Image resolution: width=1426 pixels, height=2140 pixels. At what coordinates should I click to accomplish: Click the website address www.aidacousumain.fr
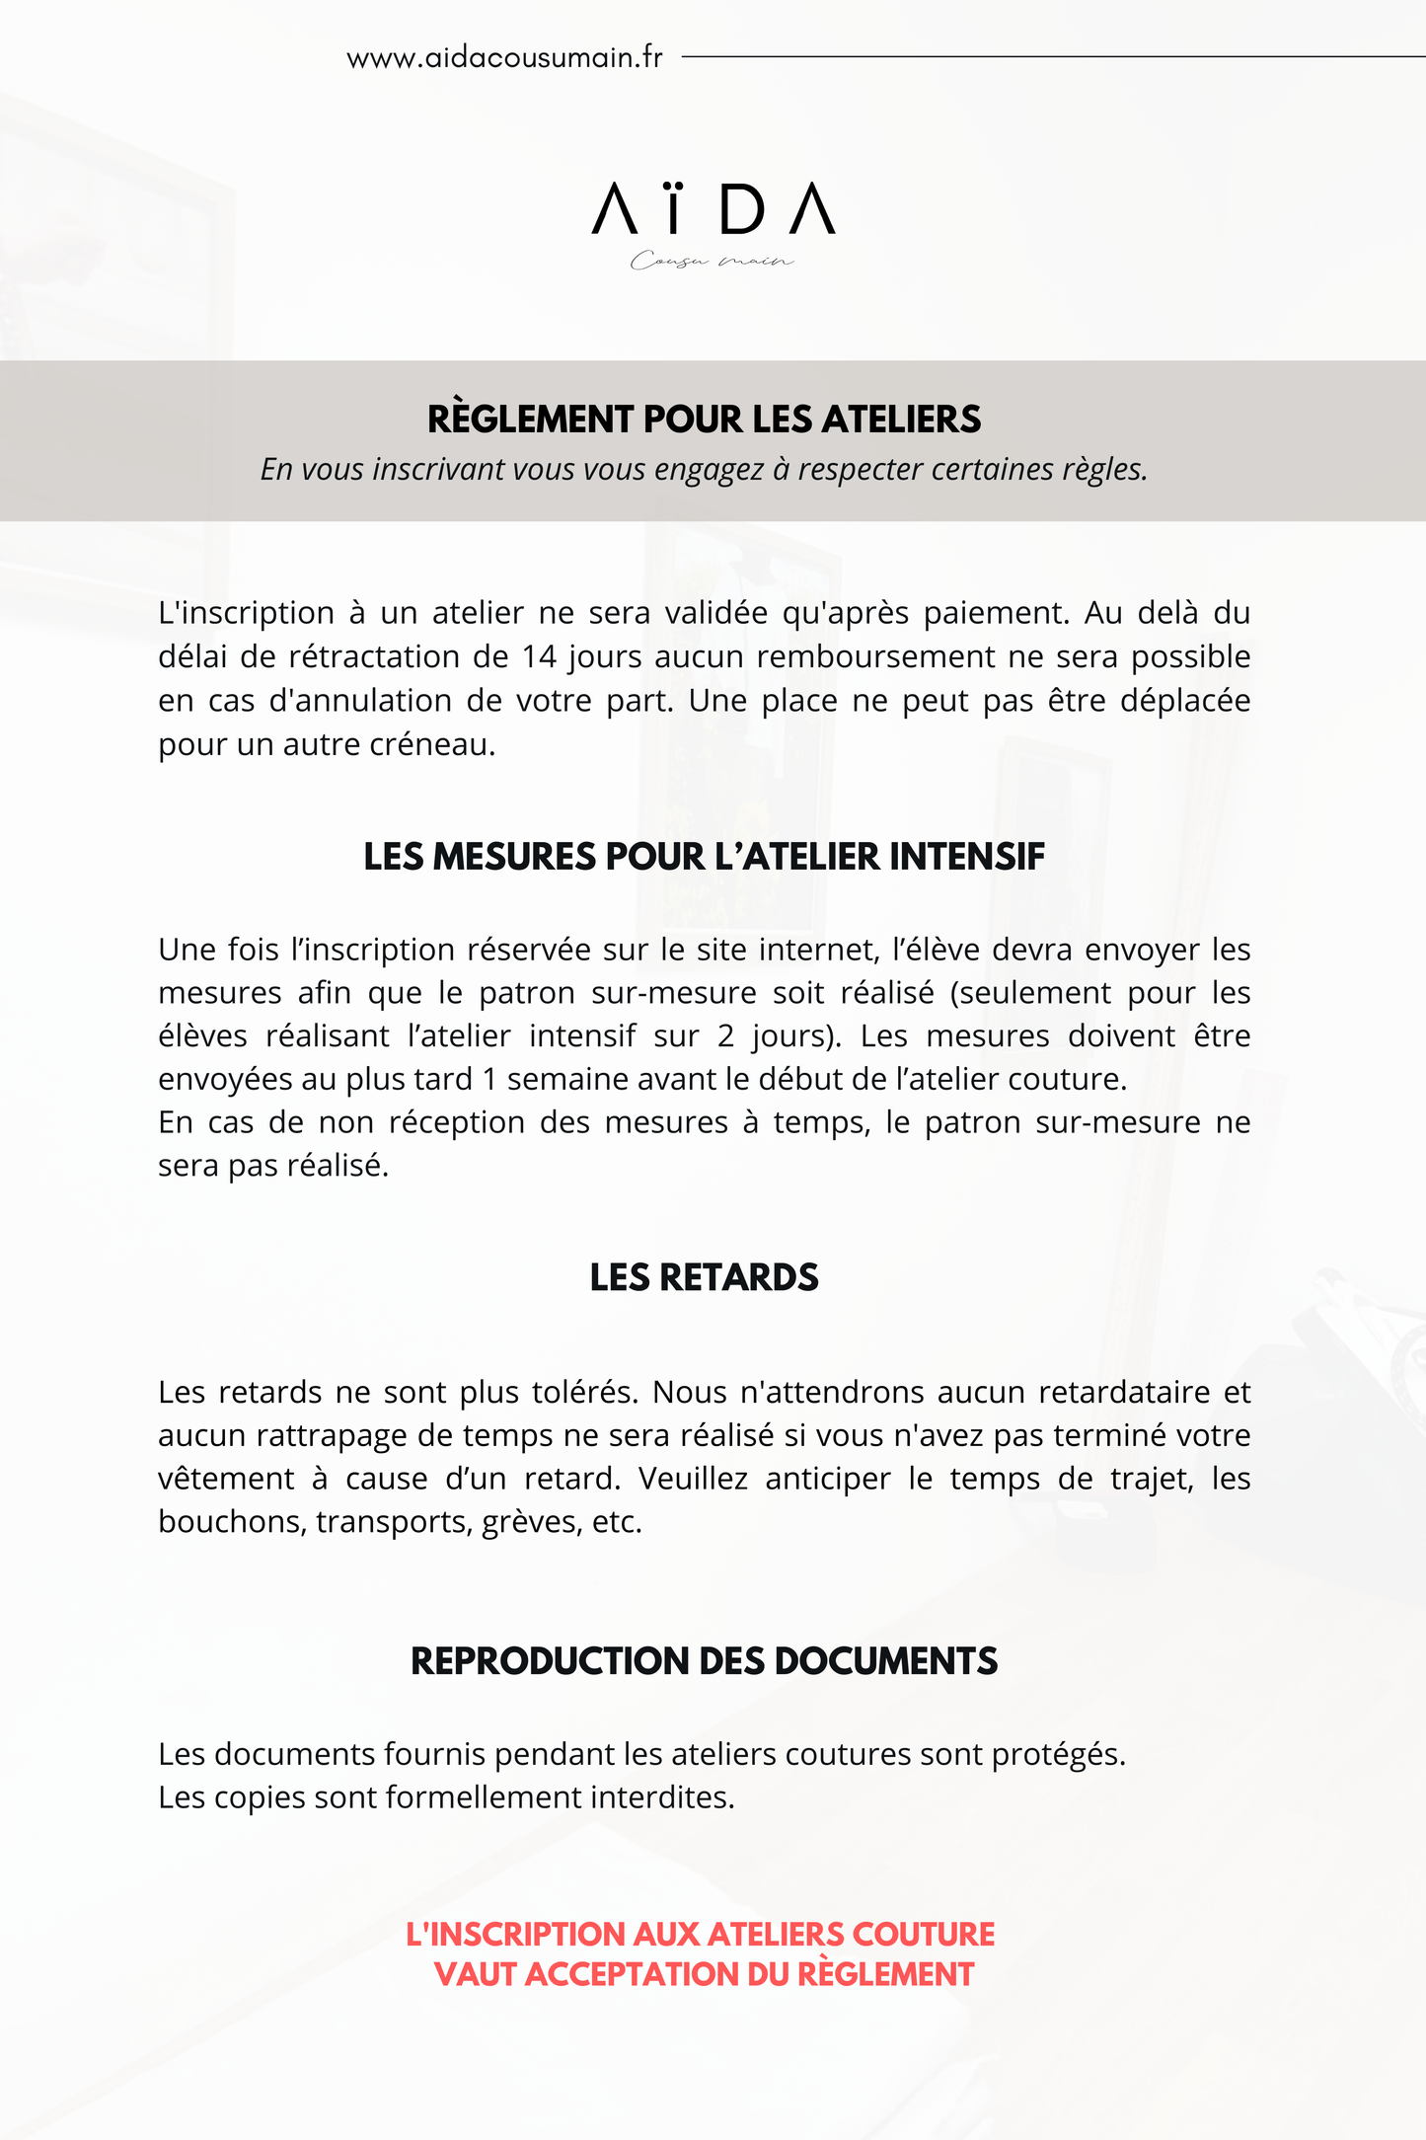pos(504,58)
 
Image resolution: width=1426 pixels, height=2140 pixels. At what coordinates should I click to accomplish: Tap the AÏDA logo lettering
pos(713,208)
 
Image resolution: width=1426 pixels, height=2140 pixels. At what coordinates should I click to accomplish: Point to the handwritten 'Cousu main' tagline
pos(712,261)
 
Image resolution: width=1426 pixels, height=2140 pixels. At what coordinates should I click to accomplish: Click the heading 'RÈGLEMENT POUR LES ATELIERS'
pos(704,420)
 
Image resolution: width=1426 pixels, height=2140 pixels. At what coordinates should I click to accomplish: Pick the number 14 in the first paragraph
pos(540,656)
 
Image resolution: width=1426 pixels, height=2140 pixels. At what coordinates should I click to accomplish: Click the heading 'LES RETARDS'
pos(704,1277)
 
